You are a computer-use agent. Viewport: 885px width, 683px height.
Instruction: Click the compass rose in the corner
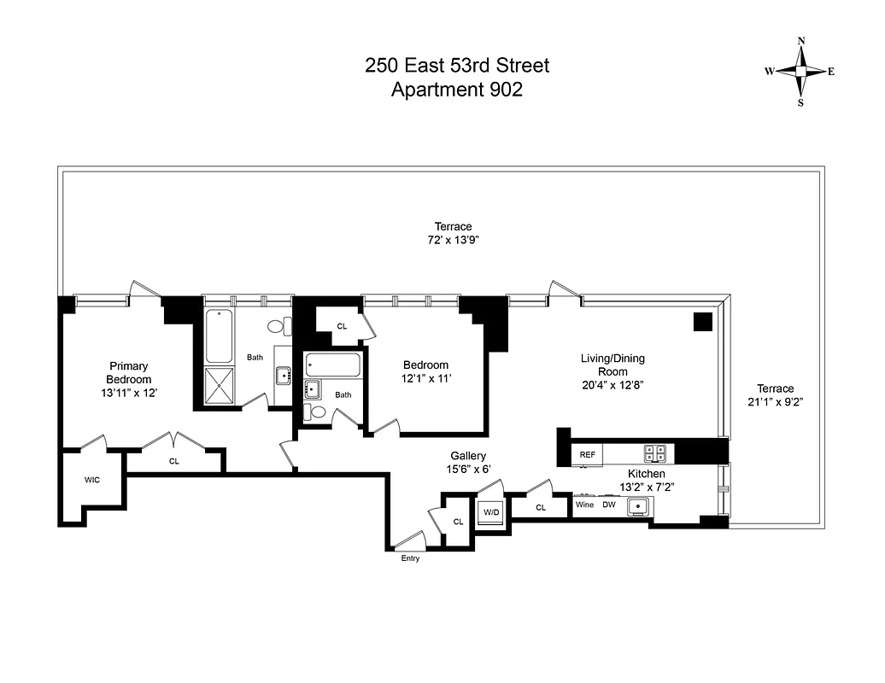click(800, 72)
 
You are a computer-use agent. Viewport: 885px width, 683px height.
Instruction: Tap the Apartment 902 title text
click(456, 90)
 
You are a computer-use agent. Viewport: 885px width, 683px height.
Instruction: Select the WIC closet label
click(92, 480)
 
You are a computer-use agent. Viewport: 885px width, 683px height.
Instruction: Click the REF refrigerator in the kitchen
click(588, 455)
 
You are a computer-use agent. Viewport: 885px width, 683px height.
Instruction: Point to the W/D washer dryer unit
click(490, 512)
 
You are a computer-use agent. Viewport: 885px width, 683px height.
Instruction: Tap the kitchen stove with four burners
click(655, 453)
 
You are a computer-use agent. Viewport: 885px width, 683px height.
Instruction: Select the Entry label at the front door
click(410, 558)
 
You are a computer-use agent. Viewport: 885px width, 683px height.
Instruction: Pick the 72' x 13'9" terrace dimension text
click(453, 241)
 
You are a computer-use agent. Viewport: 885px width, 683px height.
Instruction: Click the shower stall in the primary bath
click(220, 385)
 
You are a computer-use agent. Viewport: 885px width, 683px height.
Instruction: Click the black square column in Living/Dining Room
click(702, 322)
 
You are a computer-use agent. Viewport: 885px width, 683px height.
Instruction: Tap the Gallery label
click(469, 456)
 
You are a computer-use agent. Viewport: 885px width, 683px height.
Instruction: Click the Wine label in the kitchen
click(584, 505)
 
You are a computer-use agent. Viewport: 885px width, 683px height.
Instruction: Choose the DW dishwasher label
click(608, 505)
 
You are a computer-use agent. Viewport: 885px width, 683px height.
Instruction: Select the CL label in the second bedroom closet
click(342, 325)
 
